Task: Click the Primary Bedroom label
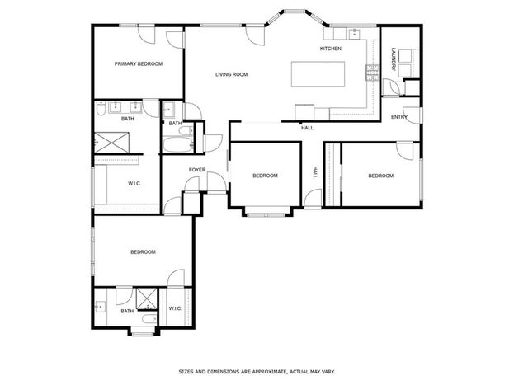click(139, 64)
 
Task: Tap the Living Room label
click(232, 74)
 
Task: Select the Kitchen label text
click(330, 49)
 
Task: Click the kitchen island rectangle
click(318, 73)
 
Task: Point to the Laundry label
click(394, 59)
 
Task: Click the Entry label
click(399, 117)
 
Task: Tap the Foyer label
click(197, 170)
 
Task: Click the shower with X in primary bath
click(111, 142)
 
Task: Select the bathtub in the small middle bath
click(178, 144)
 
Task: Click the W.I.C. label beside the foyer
click(134, 184)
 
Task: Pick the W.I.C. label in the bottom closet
click(176, 308)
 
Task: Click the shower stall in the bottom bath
click(147, 298)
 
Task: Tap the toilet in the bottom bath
click(149, 318)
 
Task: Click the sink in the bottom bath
click(101, 307)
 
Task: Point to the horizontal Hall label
click(307, 128)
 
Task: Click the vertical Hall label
click(315, 172)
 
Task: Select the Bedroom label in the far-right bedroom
click(381, 176)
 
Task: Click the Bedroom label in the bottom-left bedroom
click(143, 252)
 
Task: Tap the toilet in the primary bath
click(100, 108)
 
